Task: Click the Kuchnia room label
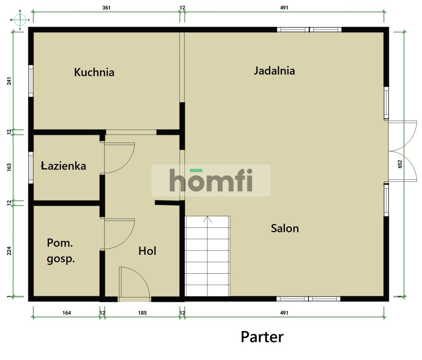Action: click(94, 72)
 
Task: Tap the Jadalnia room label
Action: click(274, 71)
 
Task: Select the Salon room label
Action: click(285, 228)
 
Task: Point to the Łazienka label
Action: click(63, 165)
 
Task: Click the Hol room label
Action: click(147, 251)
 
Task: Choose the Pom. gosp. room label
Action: click(61, 251)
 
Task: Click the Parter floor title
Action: click(262, 337)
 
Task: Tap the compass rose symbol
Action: click(20, 20)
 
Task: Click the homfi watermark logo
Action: click(211, 180)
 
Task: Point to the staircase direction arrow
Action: click(207, 219)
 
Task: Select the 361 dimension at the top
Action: click(106, 8)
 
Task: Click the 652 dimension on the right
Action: click(400, 164)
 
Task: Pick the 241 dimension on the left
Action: click(9, 81)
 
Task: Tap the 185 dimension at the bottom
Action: click(142, 313)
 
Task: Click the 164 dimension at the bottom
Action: click(67, 313)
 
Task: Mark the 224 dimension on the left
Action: click(9, 251)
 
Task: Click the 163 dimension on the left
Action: click(9, 167)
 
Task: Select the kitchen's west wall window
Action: click(31, 81)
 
